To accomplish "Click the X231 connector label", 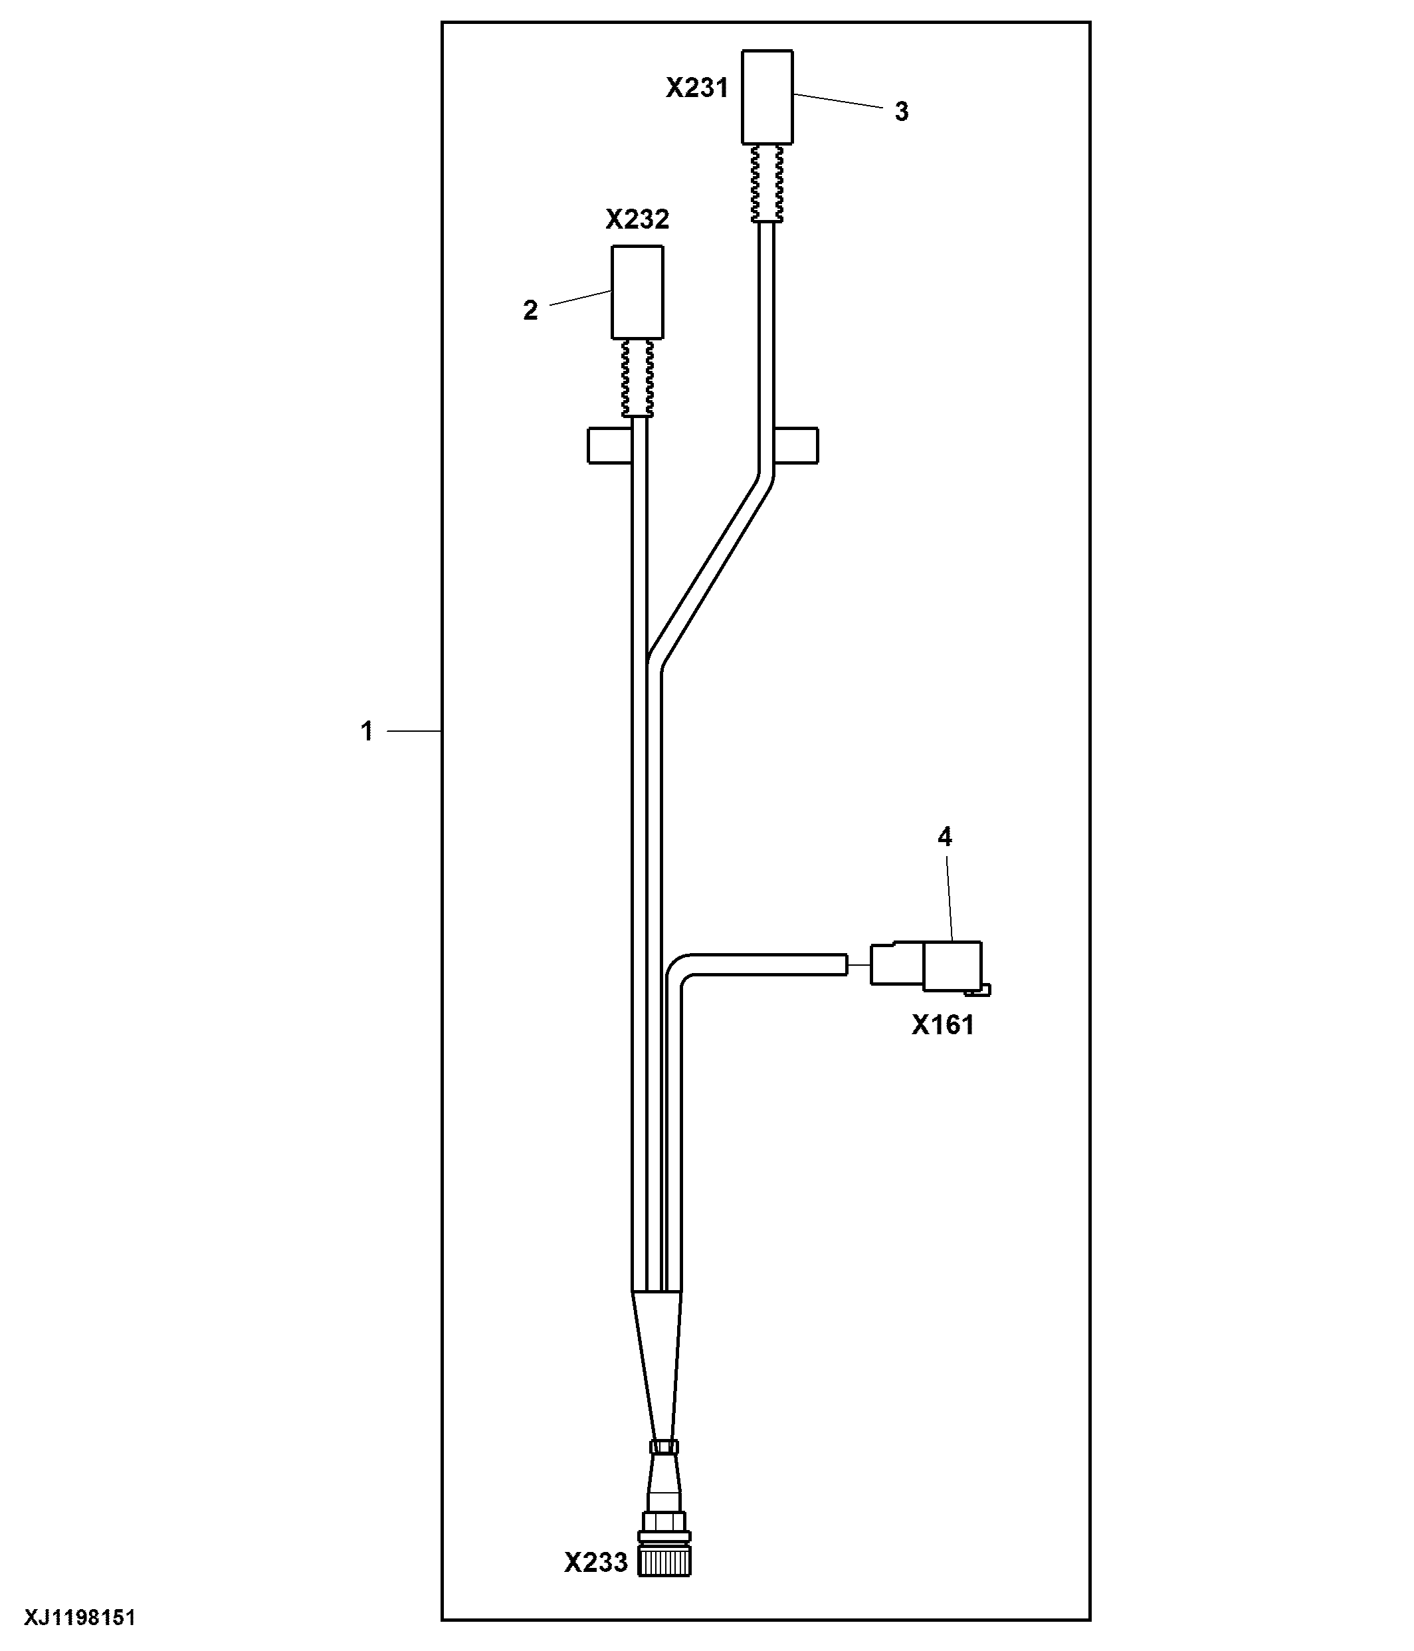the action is click(x=697, y=88).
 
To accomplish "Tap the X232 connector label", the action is click(x=637, y=219).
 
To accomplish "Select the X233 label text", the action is click(x=596, y=1563).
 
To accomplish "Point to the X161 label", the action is click(x=943, y=1025).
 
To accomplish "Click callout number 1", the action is click(x=366, y=730).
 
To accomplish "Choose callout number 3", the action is click(x=901, y=112).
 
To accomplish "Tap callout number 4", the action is click(x=945, y=837).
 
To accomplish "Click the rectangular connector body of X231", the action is click(x=767, y=97).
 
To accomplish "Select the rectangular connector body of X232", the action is click(x=637, y=292).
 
